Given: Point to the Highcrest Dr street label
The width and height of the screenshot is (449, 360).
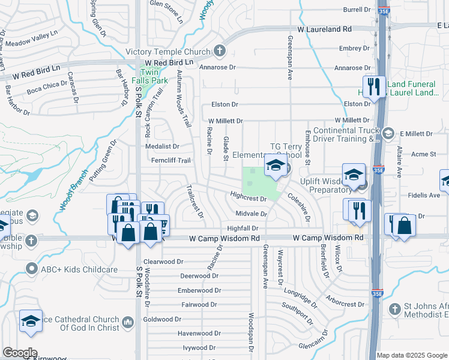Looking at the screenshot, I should tap(248, 196).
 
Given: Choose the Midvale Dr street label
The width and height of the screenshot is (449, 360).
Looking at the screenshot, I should tap(251, 214).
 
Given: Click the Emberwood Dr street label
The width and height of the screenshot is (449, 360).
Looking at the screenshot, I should tap(200, 290).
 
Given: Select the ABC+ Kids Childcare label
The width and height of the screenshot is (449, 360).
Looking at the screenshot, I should tap(79, 269).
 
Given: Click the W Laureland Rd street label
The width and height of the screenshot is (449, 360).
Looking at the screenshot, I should tap(325, 29).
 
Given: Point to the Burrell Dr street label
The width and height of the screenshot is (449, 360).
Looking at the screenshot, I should tap(357, 10).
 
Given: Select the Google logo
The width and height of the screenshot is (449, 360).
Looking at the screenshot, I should tap(20, 353).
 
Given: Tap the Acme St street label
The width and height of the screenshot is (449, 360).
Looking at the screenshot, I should tap(423, 154).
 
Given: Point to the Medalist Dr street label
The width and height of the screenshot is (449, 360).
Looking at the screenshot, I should tap(162, 146).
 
